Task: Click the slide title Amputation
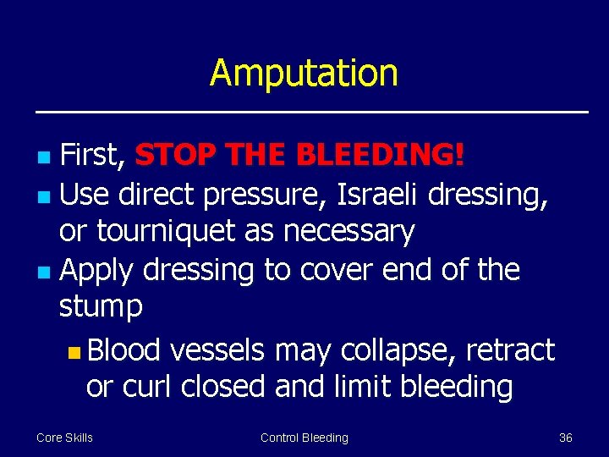(304, 73)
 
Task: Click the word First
(93, 155)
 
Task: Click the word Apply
(97, 270)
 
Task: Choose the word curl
(147, 386)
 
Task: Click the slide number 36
(566, 438)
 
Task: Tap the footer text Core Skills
(64, 438)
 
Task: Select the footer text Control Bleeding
(304, 438)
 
